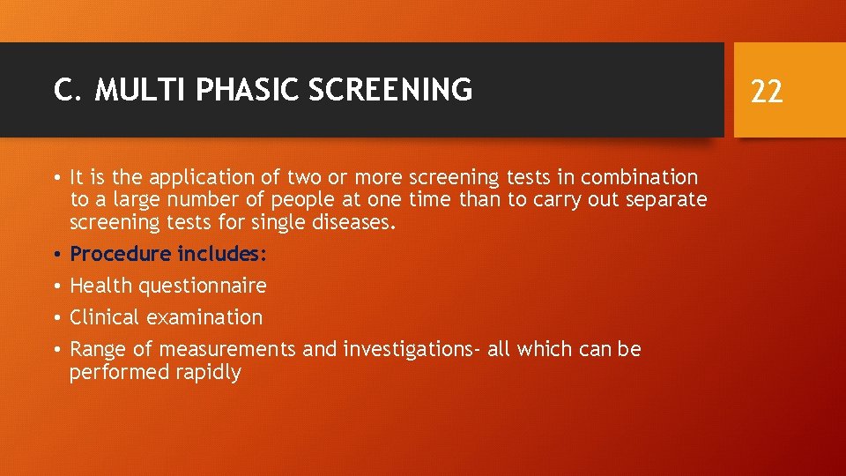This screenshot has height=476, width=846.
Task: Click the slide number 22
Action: coord(767,90)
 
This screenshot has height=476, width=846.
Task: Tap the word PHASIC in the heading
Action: coord(230,90)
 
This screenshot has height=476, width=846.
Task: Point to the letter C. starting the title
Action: coord(63,90)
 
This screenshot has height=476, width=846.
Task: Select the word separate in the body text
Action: coord(666,200)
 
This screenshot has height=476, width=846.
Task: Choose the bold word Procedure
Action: coord(120,255)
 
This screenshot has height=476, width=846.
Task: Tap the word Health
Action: coord(99,286)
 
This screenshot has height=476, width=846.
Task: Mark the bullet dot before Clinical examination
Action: coord(56,317)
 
